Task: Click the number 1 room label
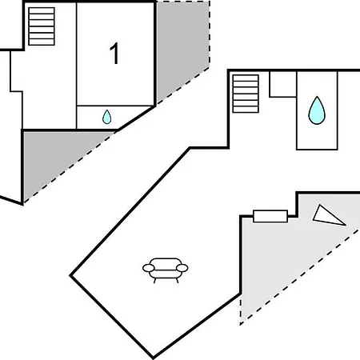[x=114, y=54]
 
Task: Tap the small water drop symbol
[x=107, y=118]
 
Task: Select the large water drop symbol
[x=317, y=112]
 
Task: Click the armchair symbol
[x=166, y=270]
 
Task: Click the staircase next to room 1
[x=42, y=26]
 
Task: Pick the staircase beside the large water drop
[x=246, y=94]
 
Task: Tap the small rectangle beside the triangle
[x=270, y=216]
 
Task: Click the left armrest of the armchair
[x=149, y=268]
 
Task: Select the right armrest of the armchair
[x=182, y=268]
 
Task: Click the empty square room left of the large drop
[x=283, y=84]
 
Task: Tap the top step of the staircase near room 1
[x=42, y=10]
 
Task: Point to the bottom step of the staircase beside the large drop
[x=246, y=110]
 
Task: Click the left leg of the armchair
[x=154, y=281]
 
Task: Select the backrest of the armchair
[x=166, y=261]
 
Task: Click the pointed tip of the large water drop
[x=317, y=96]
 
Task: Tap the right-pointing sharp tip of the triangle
[x=346, y=226]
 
